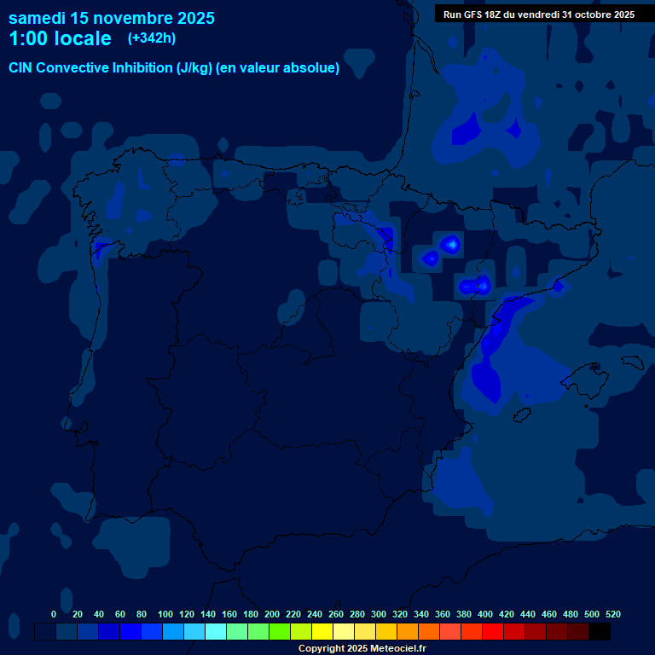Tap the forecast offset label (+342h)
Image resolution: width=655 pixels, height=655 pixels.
[152, 38]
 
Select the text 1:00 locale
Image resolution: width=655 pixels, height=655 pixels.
[60, 39]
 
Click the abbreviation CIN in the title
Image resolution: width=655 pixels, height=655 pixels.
[22, 68]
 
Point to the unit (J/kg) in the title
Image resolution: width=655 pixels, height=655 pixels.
[195, 68]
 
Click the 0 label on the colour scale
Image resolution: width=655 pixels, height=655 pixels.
[54, 614]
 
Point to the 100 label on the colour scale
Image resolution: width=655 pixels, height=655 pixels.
[165, 614]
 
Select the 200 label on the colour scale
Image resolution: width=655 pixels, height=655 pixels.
[272, 614]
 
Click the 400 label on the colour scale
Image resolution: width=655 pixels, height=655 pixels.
[485, 614]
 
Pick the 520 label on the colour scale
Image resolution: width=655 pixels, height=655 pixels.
[613, 614]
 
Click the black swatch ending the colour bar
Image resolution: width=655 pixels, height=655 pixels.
[599, 632]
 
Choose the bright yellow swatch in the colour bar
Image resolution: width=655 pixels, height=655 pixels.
[322, 632]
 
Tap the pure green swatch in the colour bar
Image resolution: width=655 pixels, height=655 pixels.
[280, 632]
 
